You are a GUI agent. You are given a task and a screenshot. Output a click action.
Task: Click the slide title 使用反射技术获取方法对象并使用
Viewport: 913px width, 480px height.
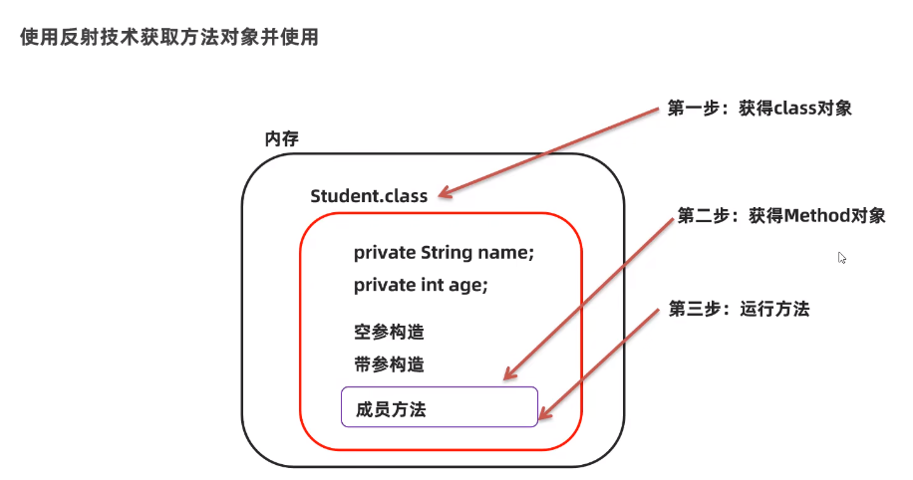coord(168,38)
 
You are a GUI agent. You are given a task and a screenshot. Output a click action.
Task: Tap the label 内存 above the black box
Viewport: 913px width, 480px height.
coord(281,138)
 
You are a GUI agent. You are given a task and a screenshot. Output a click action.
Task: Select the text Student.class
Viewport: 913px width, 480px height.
coord(369,195)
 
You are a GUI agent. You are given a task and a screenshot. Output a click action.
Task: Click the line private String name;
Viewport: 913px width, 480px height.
coord(444,252)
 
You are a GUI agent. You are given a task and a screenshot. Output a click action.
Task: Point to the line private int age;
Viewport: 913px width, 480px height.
coord(421,285)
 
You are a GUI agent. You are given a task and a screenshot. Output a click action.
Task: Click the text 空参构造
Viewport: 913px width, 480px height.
coord(382,332)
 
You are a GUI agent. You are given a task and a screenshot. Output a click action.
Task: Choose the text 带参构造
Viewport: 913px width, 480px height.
coord(382,363)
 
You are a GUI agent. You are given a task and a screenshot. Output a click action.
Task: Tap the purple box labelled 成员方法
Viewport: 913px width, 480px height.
coord(439,407)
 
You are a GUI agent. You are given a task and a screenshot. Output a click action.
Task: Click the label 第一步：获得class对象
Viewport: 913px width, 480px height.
coord(760,109)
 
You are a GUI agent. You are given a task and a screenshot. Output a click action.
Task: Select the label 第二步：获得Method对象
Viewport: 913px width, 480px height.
coord(780,215)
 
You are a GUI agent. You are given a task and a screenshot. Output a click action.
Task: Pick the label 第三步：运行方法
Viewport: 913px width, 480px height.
coord(739,309)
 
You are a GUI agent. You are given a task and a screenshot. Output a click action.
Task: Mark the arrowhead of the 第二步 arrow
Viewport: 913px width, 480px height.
coord(508,376)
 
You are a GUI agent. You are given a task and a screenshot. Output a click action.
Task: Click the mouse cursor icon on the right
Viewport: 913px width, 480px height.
coord(842,257)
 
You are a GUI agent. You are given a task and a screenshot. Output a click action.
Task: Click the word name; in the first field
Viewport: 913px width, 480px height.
coord(508,252)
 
